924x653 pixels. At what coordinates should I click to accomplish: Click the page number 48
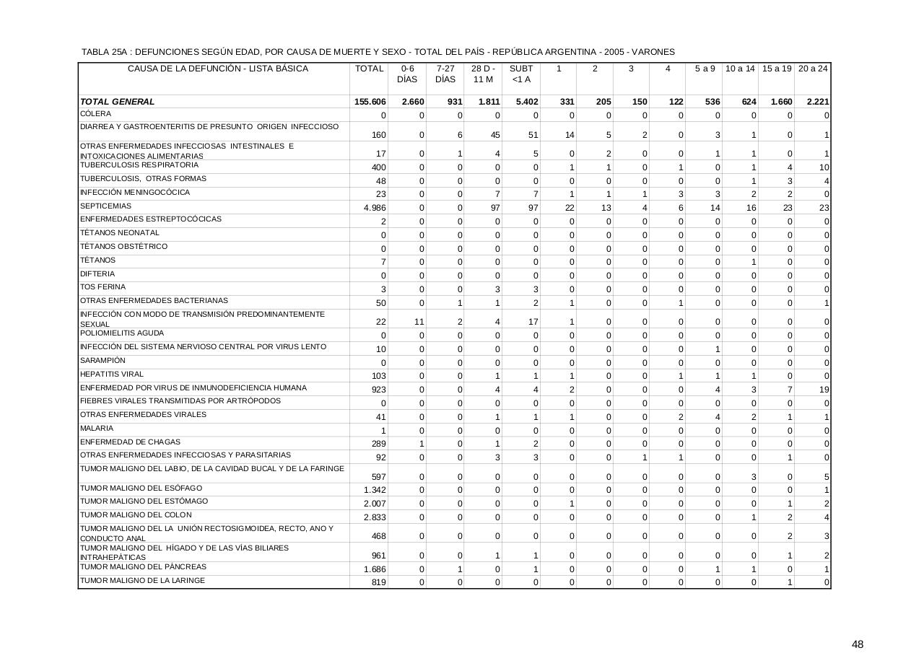[x=857, y=644]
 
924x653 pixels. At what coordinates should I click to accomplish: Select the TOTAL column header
[x=369, y=69]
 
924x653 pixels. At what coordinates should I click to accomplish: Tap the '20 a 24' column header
[x=813, y=69]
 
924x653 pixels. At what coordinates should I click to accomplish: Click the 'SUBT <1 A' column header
[x=520, y=74]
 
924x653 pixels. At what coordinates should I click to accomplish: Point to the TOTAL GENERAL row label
[x=118, y=102]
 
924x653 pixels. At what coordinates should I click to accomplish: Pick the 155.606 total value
[x=370, y=102]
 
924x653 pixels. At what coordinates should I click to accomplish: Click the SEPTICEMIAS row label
[x=101, y=206]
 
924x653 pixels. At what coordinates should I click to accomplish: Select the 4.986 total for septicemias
[x=374, y=208]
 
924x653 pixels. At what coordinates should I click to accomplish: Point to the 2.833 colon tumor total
[x=375, y=517]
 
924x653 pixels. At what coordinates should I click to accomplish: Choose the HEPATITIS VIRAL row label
[x=112, y=374]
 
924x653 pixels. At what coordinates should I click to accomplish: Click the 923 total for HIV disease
[x=378, y=390]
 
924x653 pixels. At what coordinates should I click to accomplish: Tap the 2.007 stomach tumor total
[x=375, y=504]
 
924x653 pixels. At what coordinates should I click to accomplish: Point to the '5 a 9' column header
[x=705, y=69]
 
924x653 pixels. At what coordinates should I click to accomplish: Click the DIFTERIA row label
[x=97, y=274]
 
